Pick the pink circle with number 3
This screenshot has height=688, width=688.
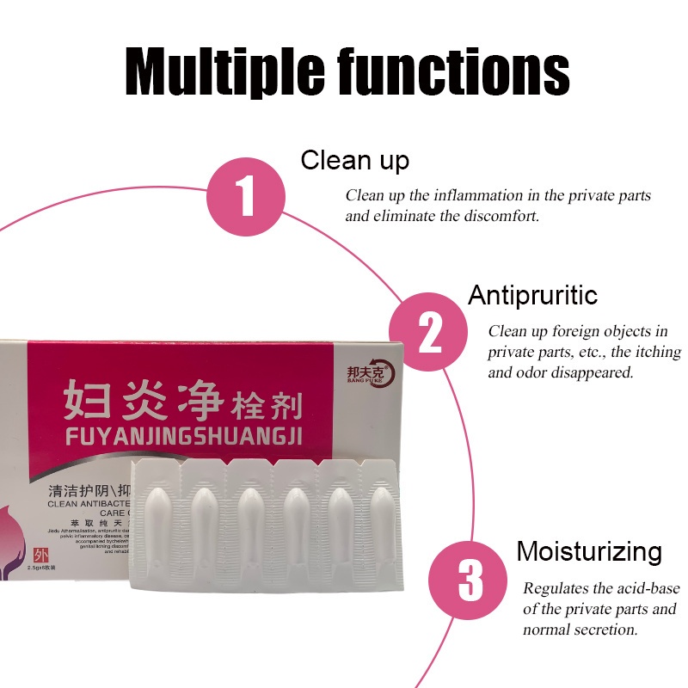tap(470, 580)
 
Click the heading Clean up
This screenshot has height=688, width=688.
tap(354, 160)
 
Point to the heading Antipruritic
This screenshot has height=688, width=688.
tap(532, 295)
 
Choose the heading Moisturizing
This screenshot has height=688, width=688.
tap(588, 551)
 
